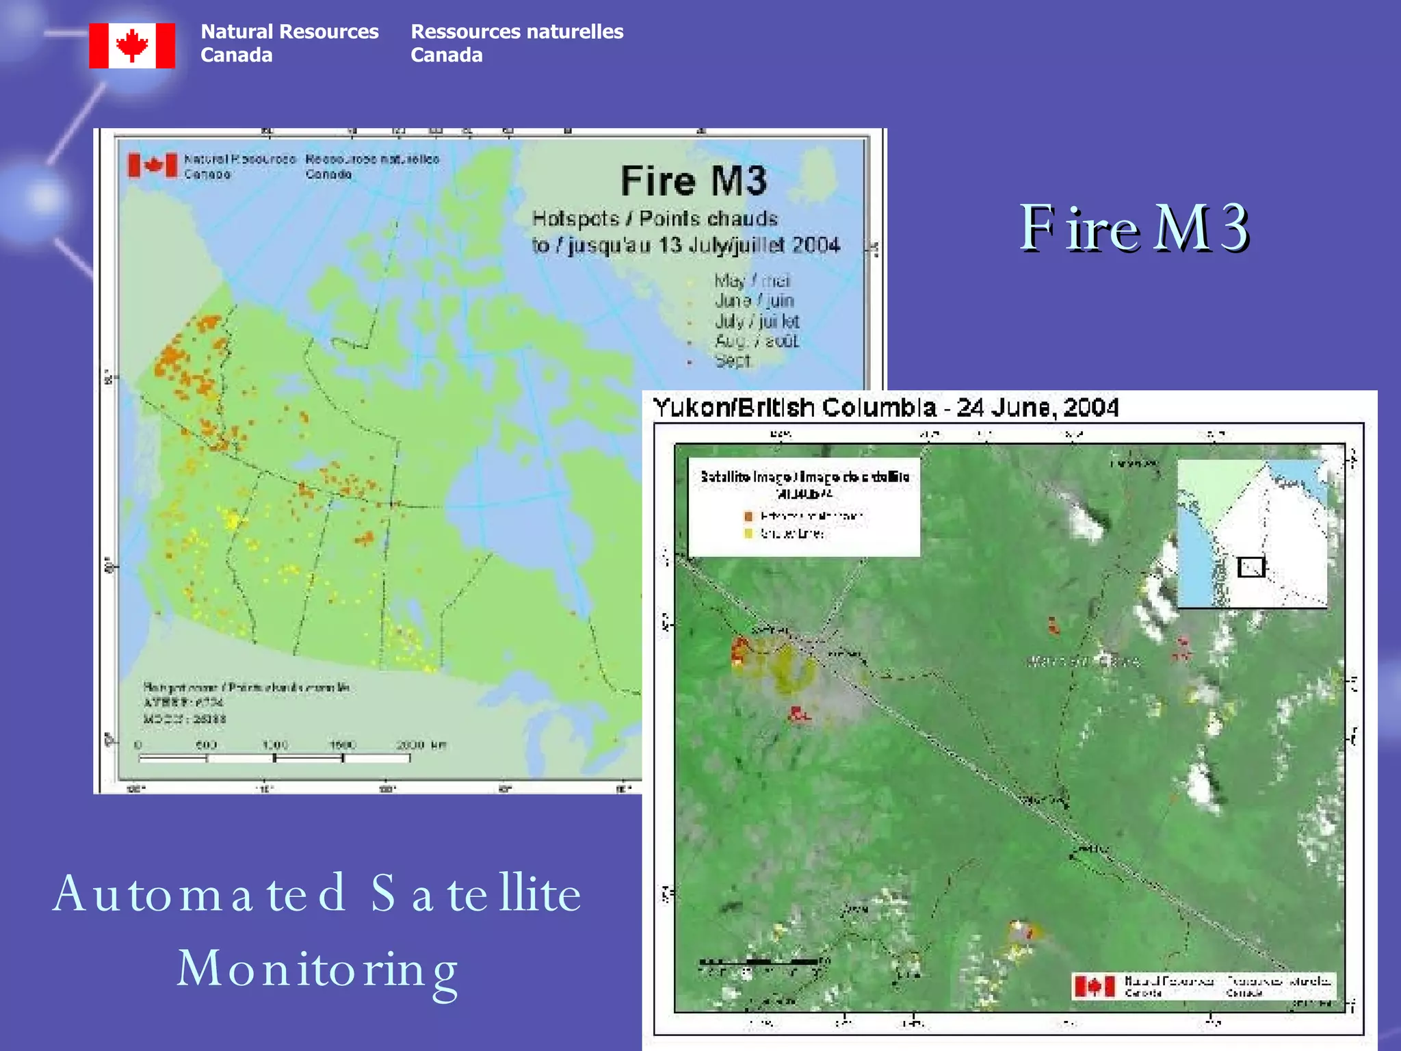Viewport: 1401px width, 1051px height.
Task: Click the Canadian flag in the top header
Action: click(132, 46)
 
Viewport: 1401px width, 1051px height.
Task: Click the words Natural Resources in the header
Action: click(289, 31)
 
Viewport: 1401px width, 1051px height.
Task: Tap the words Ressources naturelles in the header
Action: click(516, 31)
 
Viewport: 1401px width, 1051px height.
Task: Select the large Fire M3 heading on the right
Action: click(1134, 228)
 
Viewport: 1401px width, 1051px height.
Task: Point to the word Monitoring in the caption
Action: click(317, 969)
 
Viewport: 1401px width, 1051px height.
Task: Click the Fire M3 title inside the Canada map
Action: click(694, 181)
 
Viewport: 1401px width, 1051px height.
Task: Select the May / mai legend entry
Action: click(752, 281)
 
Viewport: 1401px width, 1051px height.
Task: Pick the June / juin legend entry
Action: click(754, 300)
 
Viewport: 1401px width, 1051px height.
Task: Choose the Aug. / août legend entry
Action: click(756, 341)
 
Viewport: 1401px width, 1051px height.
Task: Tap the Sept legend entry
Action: click(733, 361)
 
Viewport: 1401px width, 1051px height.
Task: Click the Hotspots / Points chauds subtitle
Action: click(655, 219)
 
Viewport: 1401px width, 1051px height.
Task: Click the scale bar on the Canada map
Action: click(274, 757)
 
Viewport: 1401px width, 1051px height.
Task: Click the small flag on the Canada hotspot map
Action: click(152, 165)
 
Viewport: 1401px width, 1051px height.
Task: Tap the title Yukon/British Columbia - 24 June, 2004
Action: click(885, 408)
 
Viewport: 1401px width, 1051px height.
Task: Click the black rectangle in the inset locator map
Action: click(1251, 567)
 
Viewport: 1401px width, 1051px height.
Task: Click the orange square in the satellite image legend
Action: click(748, 516)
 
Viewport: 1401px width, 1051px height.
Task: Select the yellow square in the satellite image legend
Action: click(748, 533)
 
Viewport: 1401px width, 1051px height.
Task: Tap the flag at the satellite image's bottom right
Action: click(1093, 986)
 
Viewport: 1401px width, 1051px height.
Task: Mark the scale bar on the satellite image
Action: click(759, 962)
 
